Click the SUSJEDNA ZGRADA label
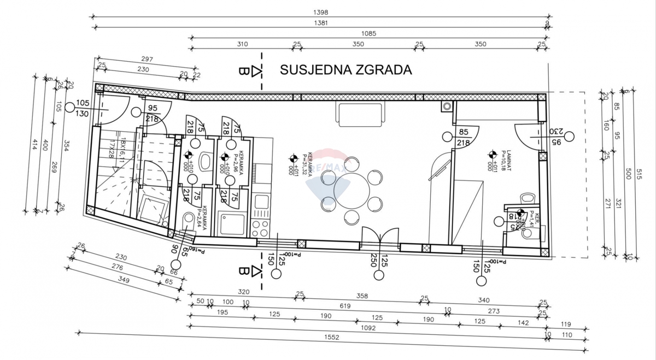(x=345, y=70)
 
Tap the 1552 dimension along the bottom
(x=331, y=337)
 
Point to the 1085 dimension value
(x=369, y=33)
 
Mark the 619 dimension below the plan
(x=345, y=306)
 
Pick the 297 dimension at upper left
(x=147, y=59)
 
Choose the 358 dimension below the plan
(x=361, y=296)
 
